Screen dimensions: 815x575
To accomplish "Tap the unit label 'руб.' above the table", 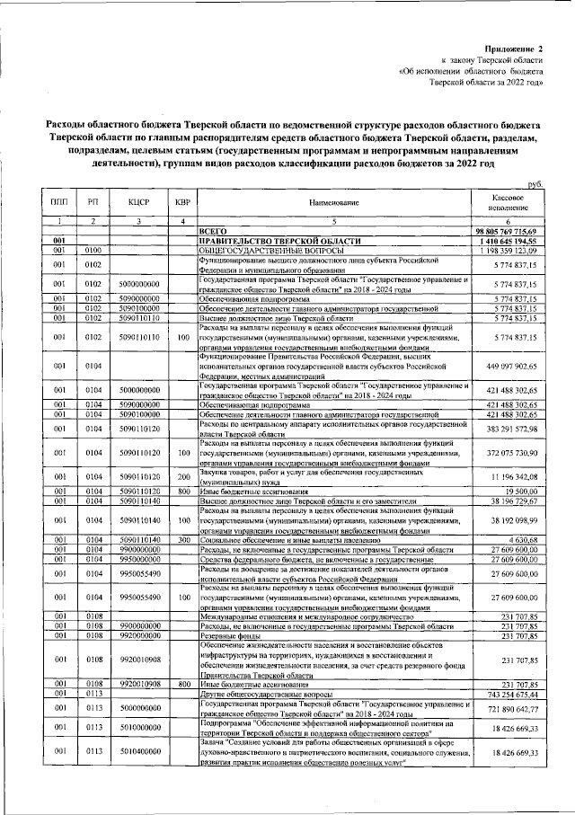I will [537, 183].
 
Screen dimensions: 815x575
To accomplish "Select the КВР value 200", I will [183, 475].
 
